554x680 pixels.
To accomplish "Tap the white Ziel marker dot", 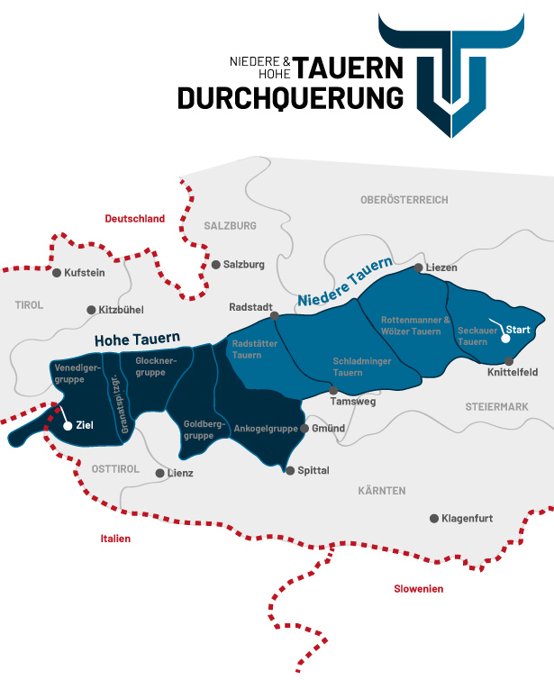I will point(66,424).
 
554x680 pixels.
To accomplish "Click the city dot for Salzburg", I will point(216,265).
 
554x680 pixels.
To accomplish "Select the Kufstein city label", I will point(86,272).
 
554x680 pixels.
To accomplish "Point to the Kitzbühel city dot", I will point(91,310).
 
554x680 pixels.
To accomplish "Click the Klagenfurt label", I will point(468,519).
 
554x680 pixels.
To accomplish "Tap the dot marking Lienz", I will point(159,472).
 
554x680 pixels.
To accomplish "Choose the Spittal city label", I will point(313,471).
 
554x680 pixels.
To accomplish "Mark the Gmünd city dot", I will point(304,429).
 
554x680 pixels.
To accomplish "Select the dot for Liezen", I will point(418,267).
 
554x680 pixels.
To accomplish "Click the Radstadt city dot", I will point(275,315).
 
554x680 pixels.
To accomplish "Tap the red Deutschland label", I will point(135,219).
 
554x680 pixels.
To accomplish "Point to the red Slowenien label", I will point(418,589).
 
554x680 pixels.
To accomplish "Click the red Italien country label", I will point(115,539).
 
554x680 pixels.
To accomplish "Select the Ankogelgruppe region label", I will point(266,429).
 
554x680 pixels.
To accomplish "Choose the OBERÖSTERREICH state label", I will point(404,199).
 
